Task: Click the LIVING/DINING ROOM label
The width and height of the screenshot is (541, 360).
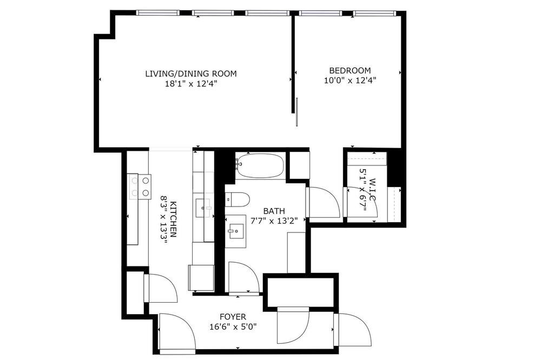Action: pyautogui.click(x=191, y=74)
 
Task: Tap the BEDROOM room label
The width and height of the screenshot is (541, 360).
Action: pyautogui.click(x=350, y=71)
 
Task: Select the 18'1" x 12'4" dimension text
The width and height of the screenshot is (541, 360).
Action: pyautogui.click(x=191, y=83)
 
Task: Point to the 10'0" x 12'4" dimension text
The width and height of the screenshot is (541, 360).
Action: pyautogui.click(x=350, y=81)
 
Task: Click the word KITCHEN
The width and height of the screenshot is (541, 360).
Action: pyautogui.click(x=173, y=219)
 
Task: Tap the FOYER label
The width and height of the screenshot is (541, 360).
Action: pyautogui.click(x=233, y=317)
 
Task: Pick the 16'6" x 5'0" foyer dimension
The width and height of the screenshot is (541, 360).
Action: pyautogui.click(x=233, y=326)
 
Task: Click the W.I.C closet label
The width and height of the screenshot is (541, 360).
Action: pyautogui.click(x=372, y=190)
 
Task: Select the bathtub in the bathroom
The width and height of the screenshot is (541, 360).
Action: pyautogui.click(x=261, y=166)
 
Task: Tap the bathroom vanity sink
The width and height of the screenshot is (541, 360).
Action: pyautogui.click(x=236, y=231)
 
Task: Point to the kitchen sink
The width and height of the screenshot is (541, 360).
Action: pyautogui.click(x=203, y=208)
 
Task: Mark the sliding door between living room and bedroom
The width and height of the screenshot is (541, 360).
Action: pyautogui.click(x=296, y=112)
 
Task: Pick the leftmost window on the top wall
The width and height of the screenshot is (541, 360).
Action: pyautogui.click(x=157, y=13)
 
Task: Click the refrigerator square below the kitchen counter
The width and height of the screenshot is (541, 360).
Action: pyautogui.click(x=201, y=278)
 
